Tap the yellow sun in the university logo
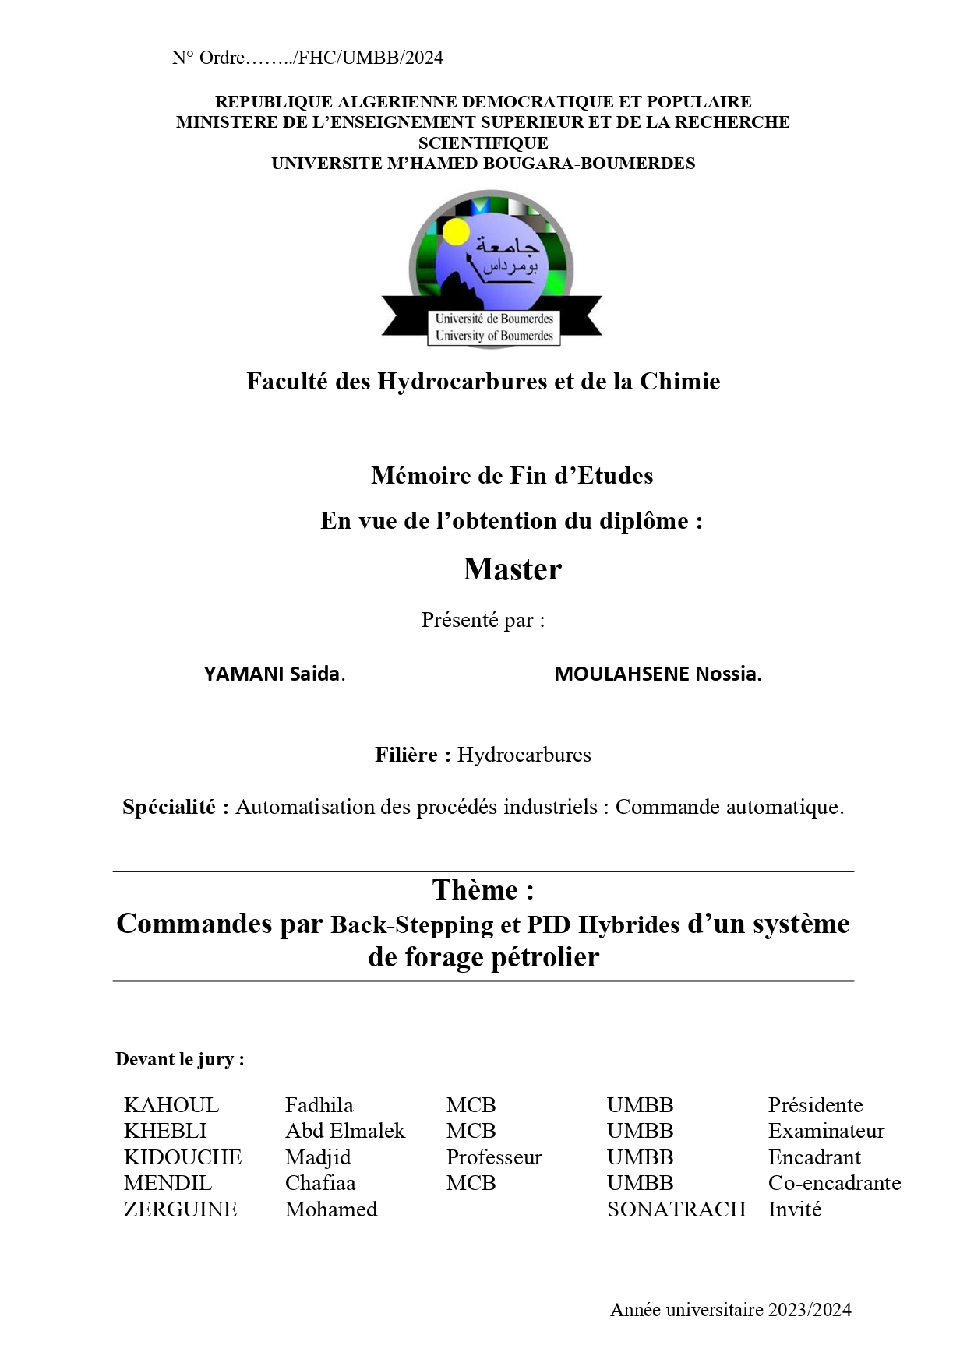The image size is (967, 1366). (x=455, y=231)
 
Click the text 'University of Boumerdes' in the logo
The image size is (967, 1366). (x=494, y=336)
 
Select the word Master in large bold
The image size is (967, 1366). (x=512, y=569)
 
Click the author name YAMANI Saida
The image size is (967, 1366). (x=274, y=674)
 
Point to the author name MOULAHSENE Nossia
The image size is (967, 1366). (x=658, y=674)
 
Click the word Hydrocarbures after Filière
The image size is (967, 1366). (x=524, y=755)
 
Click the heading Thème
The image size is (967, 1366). (x=483, y=890)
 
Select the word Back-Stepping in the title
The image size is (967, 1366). (x=412, y=924)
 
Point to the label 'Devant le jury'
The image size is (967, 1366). (x=180, y=1059)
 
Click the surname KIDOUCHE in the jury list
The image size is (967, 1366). (x=182, y=1157)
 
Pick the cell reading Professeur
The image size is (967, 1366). (x=493, y=1157)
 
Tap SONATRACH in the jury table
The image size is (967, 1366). (x=676, y=1209)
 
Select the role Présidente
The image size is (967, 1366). (x=815, y=1105)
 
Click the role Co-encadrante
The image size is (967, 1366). (x=834, y=1183)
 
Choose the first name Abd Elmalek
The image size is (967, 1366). (x=345, y=1131)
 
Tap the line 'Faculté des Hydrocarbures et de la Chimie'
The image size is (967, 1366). (x=483, y=382)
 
